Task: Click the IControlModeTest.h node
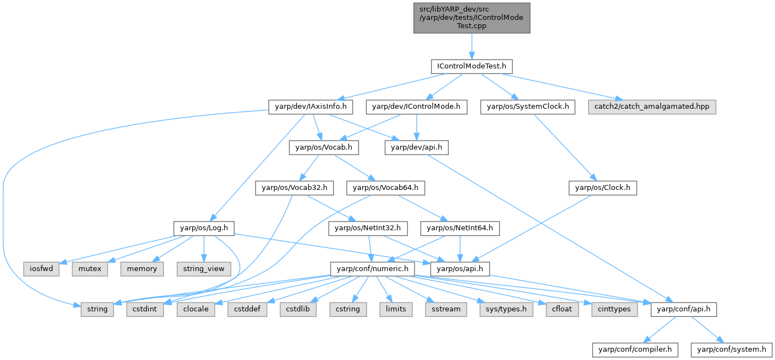pos(471,66)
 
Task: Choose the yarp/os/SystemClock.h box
pos(528,107)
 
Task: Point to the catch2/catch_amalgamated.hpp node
pos(651,107)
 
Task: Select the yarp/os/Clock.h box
pos(603,188)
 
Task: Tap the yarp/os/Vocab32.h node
pos(295,188)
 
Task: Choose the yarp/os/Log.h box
pos(204,228)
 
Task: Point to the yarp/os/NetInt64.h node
pos(460,228)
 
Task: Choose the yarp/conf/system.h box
pos(732,350)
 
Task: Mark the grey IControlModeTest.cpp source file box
pos(471,18)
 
